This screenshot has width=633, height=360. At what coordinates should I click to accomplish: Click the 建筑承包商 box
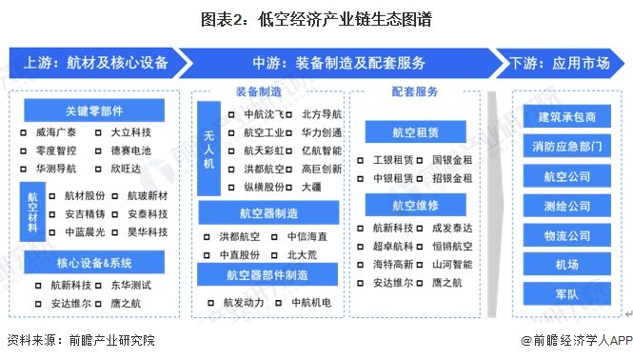[566, 117]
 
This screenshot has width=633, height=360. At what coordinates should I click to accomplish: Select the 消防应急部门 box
[566, 147]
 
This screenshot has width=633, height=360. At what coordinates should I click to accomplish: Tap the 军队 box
[566, 295]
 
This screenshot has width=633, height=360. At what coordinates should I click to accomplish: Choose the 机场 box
[566, 266]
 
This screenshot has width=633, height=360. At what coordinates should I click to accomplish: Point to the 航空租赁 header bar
[414, 131]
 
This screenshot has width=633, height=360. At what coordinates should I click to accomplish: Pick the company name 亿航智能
[321, 150]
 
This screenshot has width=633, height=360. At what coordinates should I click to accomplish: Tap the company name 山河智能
[450, 264]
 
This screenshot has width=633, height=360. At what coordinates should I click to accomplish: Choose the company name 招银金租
[450, 177]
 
